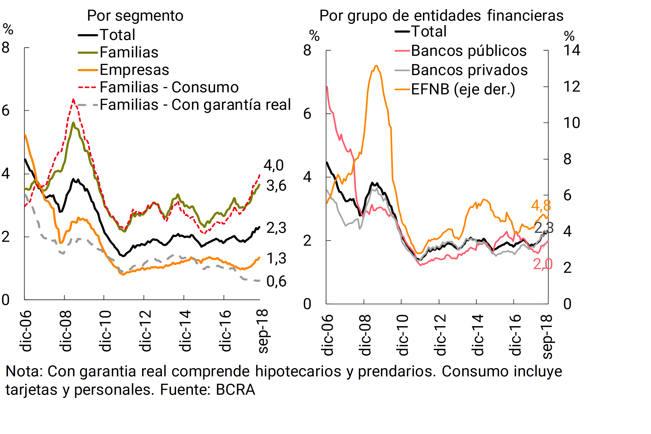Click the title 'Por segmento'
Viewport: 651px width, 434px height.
pyautogui.click(x=135, y=16)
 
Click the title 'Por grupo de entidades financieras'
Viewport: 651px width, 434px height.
pyautogui.click(x=441, y=16)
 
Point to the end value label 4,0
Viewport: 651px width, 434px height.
pyautogui.click(x=273, y=166)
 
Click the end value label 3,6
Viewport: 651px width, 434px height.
pyautogui.click(x=276, y=186)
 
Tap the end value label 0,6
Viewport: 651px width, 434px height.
pyautogui.click(x=276, y=282)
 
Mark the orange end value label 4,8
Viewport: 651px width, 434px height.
pyautogui.click(x=541, y=206)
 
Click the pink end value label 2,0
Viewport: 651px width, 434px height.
pyautogui.click(x=542, y=264)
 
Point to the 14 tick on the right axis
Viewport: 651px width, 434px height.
pyautogui.click(x=572, y=50)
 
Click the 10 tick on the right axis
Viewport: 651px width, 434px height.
pyautogui.click(x=572, y=123)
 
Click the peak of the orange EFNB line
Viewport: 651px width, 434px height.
pyautogui.click(x=376, y=66)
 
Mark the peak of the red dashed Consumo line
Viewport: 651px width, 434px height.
pyautogui.click(x=73, y=99)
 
